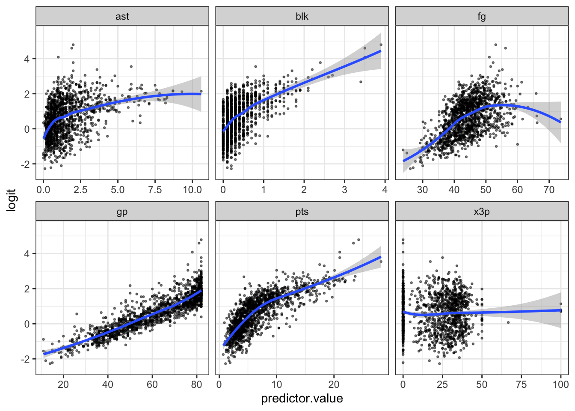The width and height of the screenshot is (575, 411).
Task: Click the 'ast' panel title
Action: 122,17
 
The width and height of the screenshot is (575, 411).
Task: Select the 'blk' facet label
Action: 302,17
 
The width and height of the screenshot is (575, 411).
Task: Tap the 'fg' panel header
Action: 481,17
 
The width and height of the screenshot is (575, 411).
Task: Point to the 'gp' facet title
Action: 122,212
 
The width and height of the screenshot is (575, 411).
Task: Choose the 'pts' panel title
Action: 302,212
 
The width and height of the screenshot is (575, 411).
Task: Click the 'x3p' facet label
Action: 481,212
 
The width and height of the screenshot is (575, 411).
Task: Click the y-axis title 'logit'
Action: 12,200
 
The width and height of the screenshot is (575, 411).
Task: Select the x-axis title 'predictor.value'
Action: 302,399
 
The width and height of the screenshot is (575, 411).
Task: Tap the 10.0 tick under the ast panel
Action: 192,190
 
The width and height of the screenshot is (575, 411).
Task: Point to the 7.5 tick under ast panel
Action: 155,190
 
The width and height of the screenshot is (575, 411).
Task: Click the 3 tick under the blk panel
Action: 344,190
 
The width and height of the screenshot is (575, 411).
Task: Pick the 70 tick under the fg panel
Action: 549,190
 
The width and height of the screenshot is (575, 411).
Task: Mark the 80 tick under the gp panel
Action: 196,385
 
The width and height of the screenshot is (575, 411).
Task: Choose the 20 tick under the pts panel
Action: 334,385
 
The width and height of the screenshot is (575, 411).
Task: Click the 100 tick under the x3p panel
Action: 560,385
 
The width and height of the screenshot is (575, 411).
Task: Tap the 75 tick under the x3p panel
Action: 521,385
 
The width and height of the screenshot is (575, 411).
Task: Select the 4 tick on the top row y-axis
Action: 27,59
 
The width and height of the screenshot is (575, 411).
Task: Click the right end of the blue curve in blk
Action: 380,51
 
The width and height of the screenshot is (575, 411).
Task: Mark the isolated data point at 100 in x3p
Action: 560,310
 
